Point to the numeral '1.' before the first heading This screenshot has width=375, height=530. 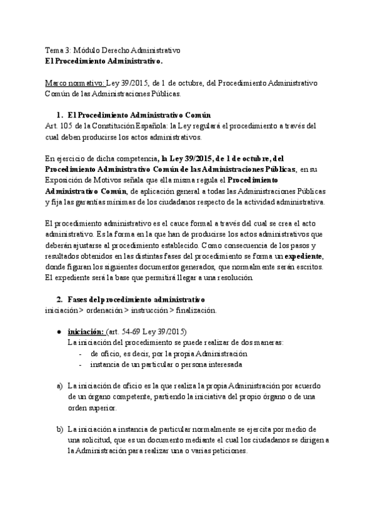(x=60, y=116)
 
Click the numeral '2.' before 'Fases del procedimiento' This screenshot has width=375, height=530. (x=60, y=299)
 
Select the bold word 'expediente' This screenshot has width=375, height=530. (x=302, y=256)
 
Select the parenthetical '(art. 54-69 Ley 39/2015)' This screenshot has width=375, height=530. (x=146, y=331)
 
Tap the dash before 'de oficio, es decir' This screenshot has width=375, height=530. (x=81, y=353)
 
